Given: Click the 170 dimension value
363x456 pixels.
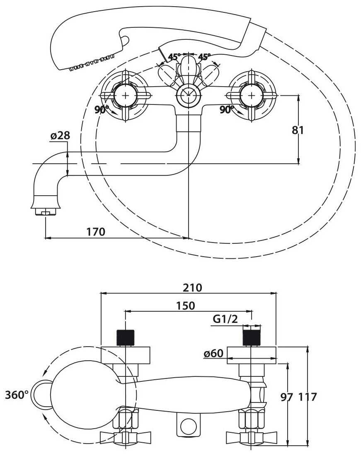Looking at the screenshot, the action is (x=96, y=232).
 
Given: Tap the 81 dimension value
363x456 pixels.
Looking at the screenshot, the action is (x=298, y=130).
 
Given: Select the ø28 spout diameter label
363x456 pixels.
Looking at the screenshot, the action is (x=60, y=136).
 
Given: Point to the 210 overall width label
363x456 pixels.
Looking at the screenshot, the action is (x=192, y=288).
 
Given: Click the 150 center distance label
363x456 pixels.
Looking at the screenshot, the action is (x=186, y=306).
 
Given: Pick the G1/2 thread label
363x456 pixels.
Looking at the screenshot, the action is (x=225, y=319).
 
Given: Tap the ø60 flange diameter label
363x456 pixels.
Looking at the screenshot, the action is (x=214, y=353).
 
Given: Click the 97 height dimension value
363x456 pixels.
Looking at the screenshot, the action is (x=287, y=397).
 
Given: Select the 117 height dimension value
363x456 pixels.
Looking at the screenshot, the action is (x=307, y=397).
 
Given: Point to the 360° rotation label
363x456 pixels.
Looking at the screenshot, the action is (x=17, y=395).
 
